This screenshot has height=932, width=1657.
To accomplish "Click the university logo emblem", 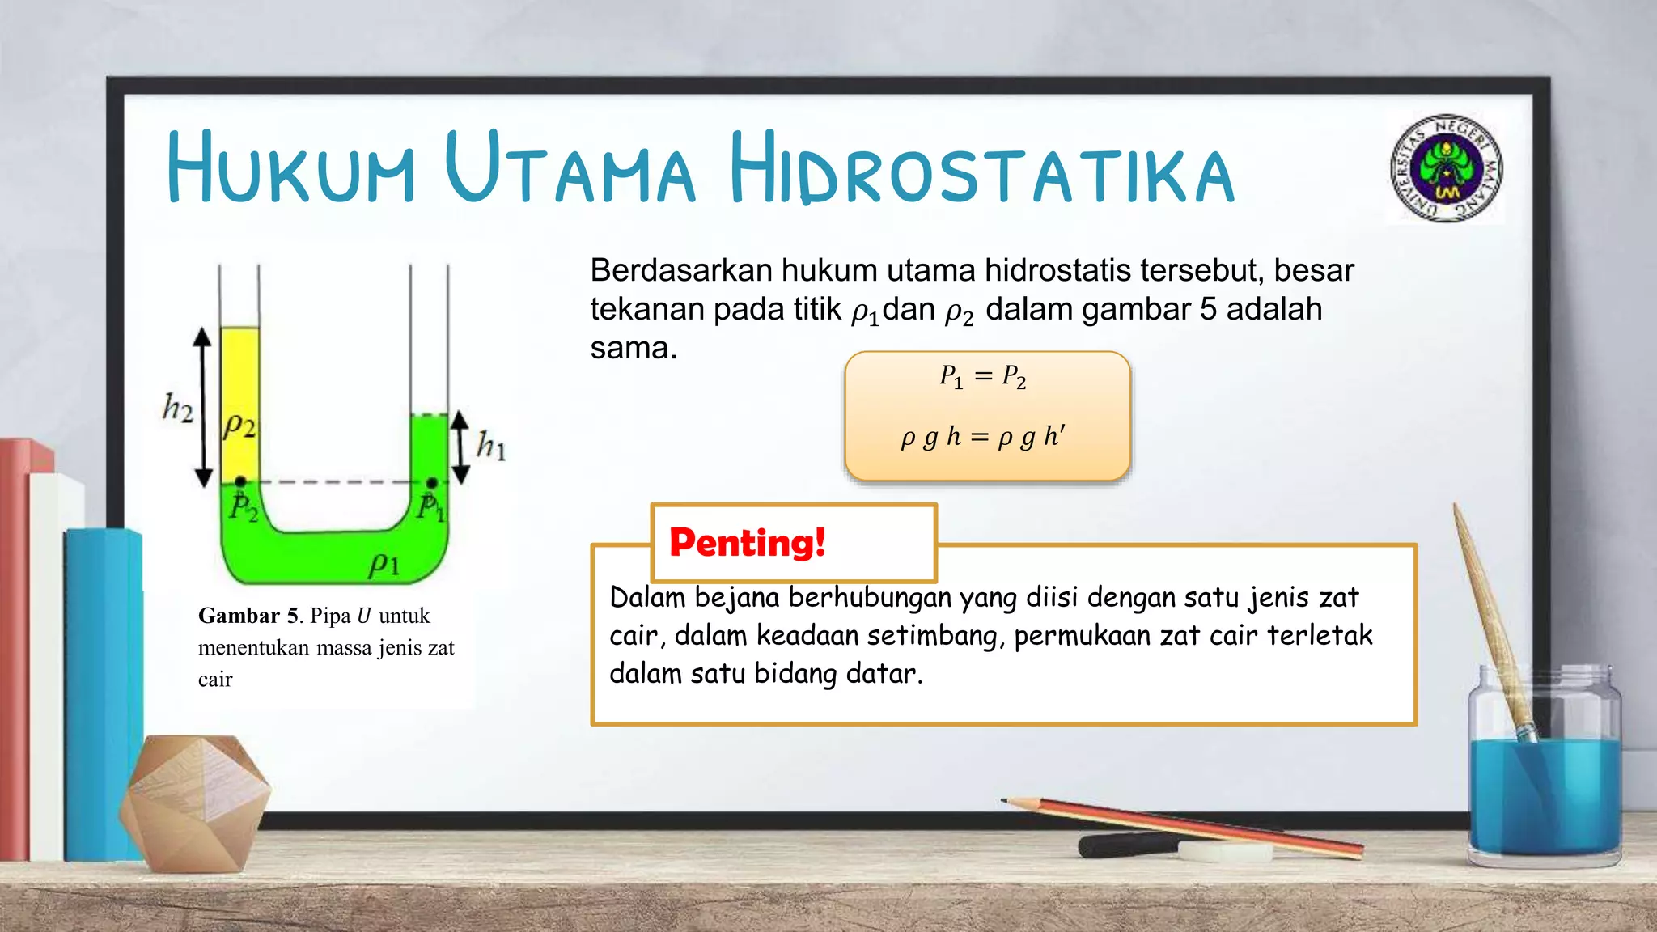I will pyautogui.click(x=1447, y=168).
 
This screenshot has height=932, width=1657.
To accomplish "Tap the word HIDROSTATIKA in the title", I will pyautogui.click(x=981, y=170).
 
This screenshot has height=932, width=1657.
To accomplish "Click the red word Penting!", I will pyautogui.click(x=747, y=542).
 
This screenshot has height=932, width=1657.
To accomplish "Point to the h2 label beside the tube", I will pyautogui.click(x=178, y=408).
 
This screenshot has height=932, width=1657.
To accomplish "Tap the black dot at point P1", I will pyautogui.click(x=432, y=483).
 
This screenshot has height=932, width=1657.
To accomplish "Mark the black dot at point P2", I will pyautogui.click(x=240, y=482).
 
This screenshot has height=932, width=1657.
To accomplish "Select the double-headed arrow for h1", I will pyautogui.click(x=460, y=447).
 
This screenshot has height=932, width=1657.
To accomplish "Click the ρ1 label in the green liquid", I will pyautogui.click(x=384, y=564).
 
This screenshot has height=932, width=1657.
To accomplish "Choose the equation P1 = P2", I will pyautogui.click(x=983, y=376).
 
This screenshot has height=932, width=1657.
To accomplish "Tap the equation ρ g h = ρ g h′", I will pyautogui.click(x=983, y=437).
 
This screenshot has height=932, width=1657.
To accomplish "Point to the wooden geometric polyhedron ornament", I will pyautogui.click(x=194, y=801).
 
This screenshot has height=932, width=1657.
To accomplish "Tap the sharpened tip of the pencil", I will pyautogui.click(x=1006, y=801).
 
